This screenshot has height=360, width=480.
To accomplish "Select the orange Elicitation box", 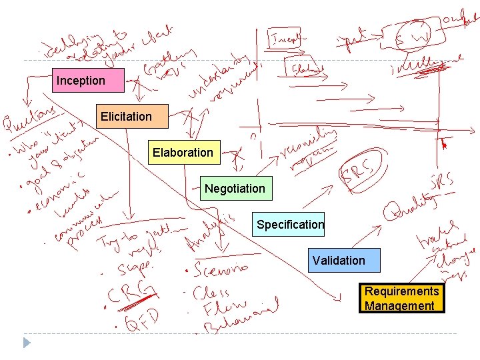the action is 132,116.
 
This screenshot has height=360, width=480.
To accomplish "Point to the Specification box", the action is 289,225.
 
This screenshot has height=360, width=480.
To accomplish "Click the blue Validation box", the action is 344,260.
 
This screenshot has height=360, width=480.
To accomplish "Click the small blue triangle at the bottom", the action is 27,343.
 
